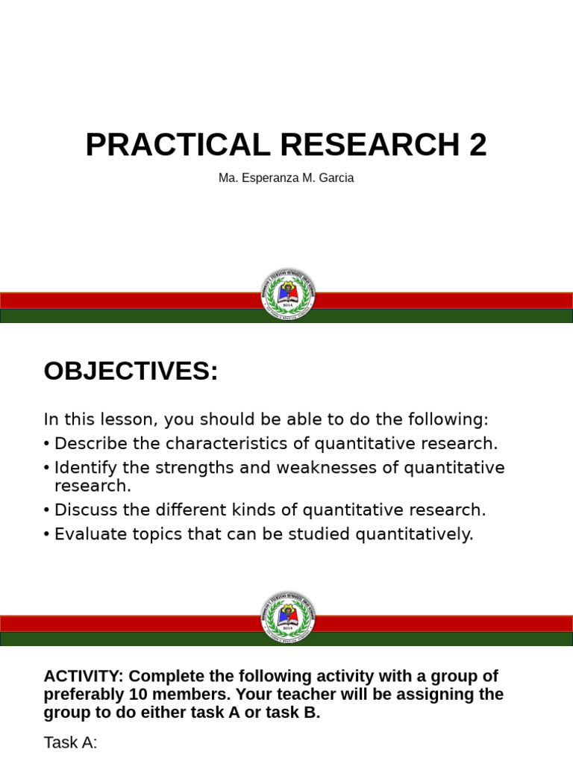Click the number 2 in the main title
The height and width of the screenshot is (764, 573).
pyautogui.click(x=477, y=145)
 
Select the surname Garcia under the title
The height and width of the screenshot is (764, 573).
pyautogui.click(x=335, y=178)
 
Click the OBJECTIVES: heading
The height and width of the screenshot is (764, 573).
pyautogui.click(x=131, y=371)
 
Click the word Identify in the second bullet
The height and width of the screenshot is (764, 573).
pyautogui.click(x=84, y=468)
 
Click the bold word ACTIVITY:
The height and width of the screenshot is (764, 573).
pyautogui.click(x=84, y=677)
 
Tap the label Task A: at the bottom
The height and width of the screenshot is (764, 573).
pyautogui.click(x=70, y=743)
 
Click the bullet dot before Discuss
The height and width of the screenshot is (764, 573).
pyautogui.click(x=47, y=511)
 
